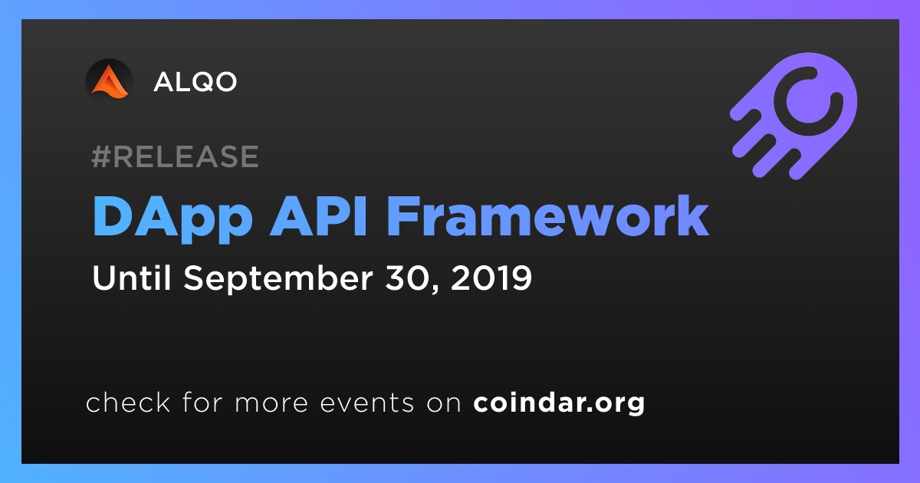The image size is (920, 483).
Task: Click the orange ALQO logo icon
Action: tap(109, 82)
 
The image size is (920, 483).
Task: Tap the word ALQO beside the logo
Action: tap(195, 82)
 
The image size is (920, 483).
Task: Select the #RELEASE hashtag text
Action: tap(175, 156)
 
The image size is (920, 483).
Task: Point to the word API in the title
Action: tap(318, 216)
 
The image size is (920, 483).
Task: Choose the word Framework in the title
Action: tap(547, 216)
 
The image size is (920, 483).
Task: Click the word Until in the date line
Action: tap(131, 278)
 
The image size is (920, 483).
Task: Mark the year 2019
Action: tap(491, 278)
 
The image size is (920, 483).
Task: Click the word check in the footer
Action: tap(128, 402)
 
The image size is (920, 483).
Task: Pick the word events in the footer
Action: tap(367, 403)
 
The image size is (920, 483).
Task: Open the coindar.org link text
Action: tap(559, 403)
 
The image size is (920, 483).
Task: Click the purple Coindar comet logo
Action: tap(793, 116)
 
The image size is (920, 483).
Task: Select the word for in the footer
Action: tap(202, 402)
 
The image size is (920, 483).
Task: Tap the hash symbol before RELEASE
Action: tap(101, 156)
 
